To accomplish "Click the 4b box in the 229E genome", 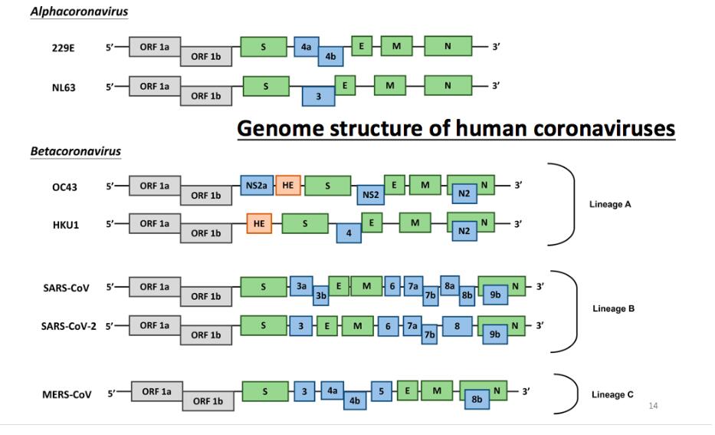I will pyautogui.click(x=330, y=57).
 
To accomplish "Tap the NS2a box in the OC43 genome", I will pyautogui.click(x=257, y=185).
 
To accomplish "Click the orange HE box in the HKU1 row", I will pyautogui.click(x=258, y=223).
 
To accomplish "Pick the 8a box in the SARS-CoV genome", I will pyautogui.click(x=450, y=285).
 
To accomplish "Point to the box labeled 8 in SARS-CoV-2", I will pyautogui.click(x=457, y=325).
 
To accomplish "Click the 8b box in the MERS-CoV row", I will pyautogui.click(x=476, y=400).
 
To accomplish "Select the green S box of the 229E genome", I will pyautogui.click(x=264, y=46).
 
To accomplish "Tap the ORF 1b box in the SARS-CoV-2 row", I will pyautogui.click(x=206, y=335).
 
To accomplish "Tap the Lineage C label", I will pyautogui.click(x=612, y=395).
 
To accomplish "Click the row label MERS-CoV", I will pyautogui.click(x=67, y=394).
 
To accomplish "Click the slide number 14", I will pyautogui.click(x=653, y=405).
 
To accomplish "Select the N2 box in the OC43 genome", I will pyautogui.click(x=463, y=194).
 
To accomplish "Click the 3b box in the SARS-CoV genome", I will pyautogui.click(x=321, y=295).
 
